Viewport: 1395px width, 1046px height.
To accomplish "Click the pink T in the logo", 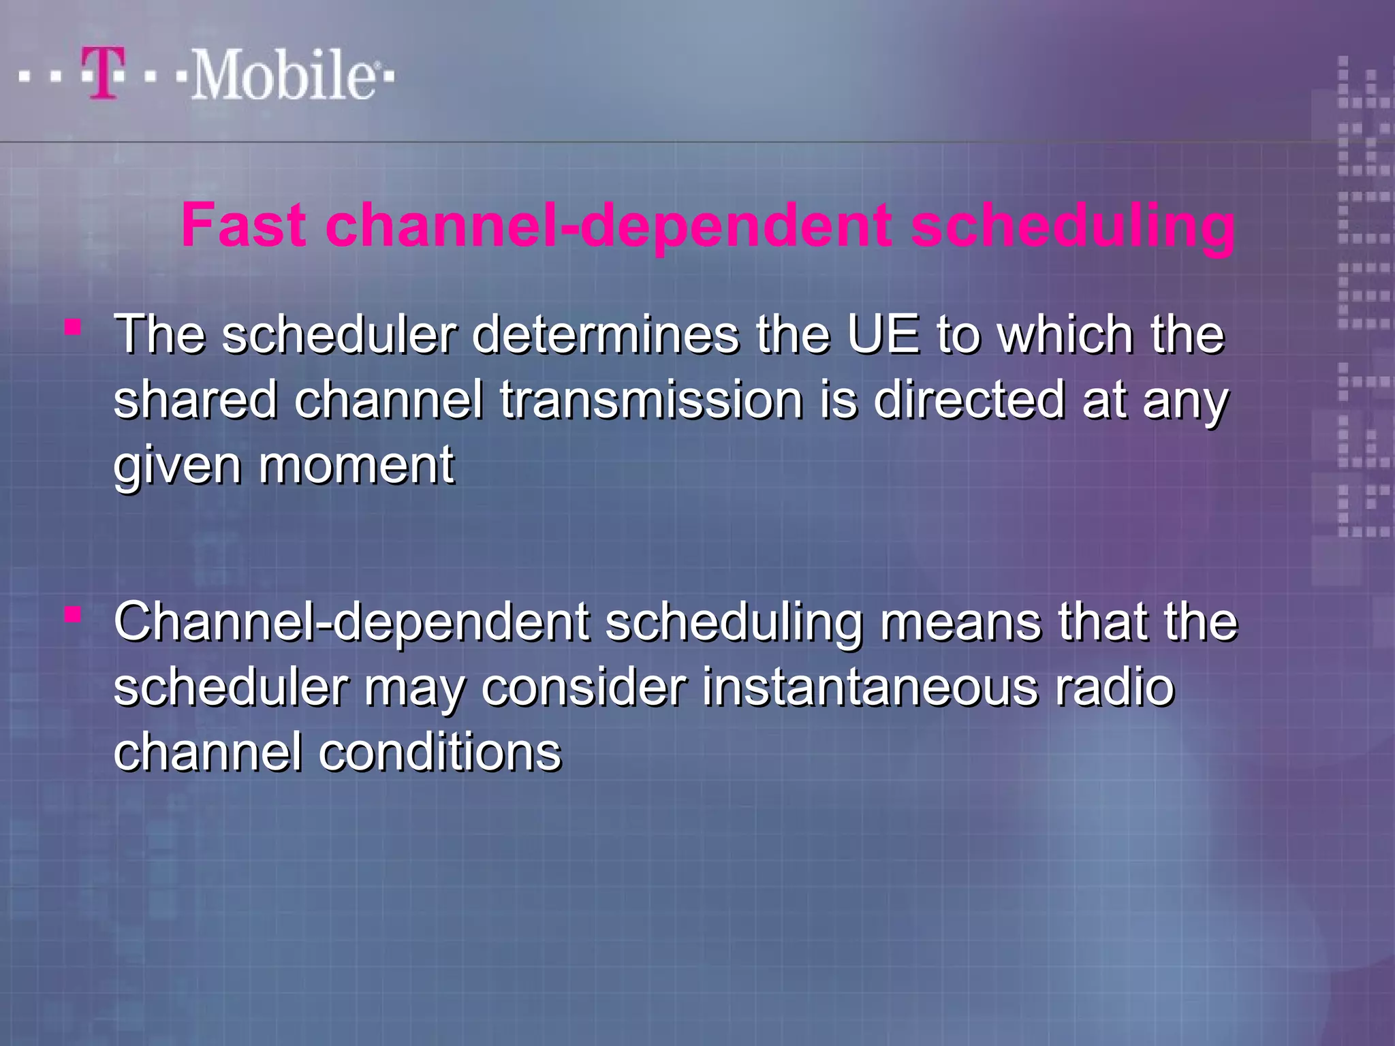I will [104, 73].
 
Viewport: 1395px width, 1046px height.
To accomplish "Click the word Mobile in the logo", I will [282, 75].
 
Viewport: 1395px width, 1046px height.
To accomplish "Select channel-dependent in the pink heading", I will [609, 227].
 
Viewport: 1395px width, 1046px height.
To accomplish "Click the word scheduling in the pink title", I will [1072, 227].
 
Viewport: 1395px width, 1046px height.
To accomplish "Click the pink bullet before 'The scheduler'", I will [73, 329].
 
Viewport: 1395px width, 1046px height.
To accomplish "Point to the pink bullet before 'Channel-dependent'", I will [73, 616].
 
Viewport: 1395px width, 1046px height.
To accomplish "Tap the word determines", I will [606, 335].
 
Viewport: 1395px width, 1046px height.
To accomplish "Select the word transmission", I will [651, 400].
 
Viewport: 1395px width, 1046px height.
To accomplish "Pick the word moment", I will [356, 466].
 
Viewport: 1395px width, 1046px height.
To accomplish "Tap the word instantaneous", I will [871, 687].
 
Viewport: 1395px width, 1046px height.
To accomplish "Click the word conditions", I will [440, 752].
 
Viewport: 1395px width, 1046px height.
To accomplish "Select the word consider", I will [584, 687].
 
